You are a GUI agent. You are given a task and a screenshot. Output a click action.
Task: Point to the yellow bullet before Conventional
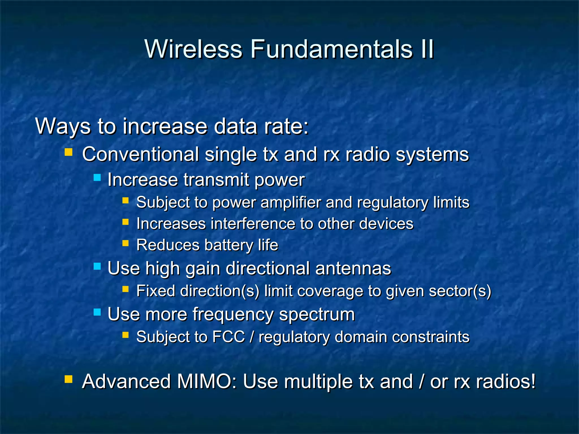point(69,153)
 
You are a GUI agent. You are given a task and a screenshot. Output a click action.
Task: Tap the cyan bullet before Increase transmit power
point(97,177)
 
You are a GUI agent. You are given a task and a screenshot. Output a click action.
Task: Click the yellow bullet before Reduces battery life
point(126,243)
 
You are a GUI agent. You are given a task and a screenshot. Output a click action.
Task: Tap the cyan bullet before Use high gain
point(97,266)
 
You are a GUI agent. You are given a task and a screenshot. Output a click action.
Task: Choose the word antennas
point(353,268)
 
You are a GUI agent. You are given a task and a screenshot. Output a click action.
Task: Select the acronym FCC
point(228,337)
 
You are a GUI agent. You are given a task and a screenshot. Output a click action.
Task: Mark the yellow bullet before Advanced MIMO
point(69,379)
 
